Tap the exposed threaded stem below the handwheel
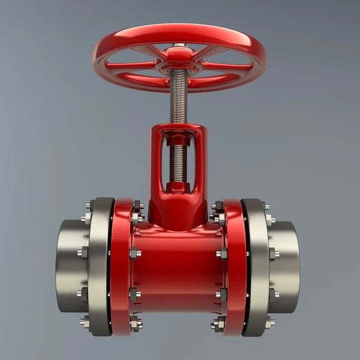179,96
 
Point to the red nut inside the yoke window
178,142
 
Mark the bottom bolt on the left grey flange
86,322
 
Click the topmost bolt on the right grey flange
266,208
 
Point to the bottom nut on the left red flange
136,324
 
